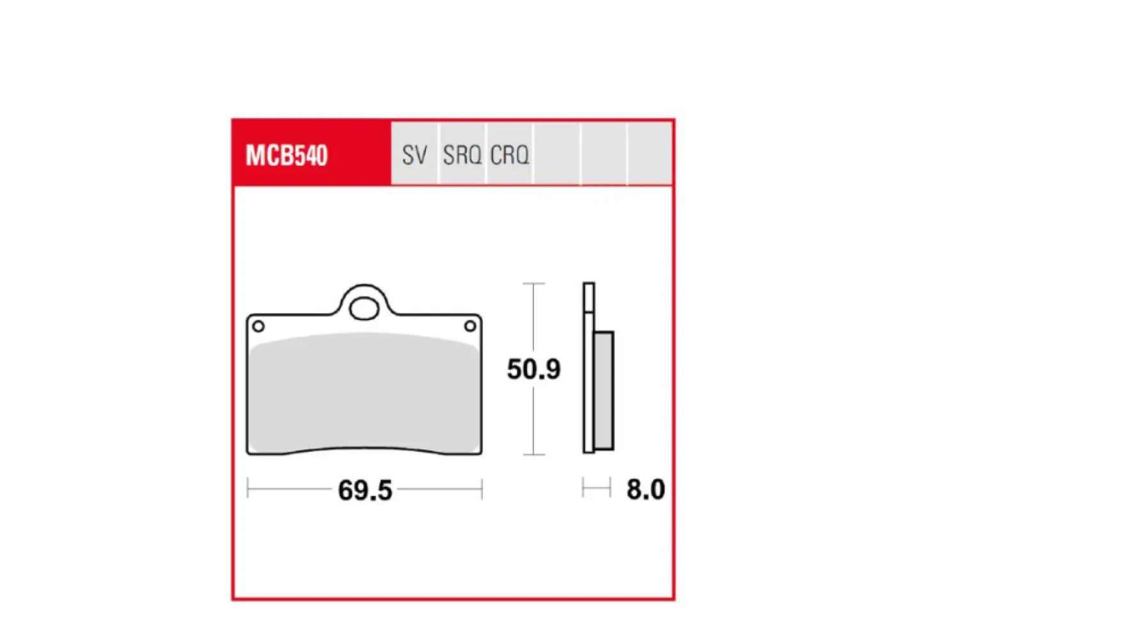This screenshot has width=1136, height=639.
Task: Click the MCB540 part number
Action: coord(287,155)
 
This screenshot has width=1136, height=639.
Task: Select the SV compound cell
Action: coord(414,155)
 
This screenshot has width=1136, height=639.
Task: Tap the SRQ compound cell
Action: coord(462,155)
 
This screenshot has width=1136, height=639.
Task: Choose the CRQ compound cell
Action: coord(510,155)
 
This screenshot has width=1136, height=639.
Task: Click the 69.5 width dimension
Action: coord(365,491)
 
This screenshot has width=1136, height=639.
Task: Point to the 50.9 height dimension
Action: coord(533,369)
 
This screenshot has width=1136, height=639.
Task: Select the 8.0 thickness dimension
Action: coord(645,489)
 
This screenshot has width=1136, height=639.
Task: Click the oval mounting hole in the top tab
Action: coord(364,309)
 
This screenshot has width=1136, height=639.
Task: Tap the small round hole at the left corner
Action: coord(258,327)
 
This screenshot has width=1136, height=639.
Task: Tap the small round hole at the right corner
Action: coord(470,327)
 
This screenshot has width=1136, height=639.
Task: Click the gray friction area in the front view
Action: coord(364,396)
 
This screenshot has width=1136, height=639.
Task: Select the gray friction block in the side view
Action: coord(603,391)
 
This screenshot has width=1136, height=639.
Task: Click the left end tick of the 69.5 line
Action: coord(248,490)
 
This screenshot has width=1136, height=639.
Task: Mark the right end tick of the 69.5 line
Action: coord(482,490)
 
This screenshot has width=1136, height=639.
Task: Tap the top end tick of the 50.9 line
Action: coord(533,284)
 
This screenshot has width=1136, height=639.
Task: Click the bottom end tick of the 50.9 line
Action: coord(533,454)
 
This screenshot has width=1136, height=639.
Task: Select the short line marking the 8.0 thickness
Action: coord(596,489)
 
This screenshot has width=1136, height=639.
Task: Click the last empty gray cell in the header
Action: coord(649,155)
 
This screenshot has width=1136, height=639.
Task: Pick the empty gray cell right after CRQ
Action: coord(556,155)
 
